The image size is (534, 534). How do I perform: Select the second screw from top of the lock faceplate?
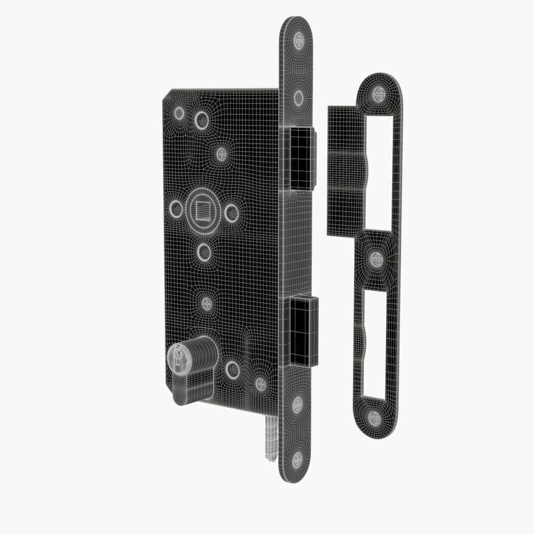coord(299,97)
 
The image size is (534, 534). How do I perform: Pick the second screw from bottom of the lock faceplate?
coord(297,405)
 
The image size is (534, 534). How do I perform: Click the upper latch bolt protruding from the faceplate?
coord(302,159)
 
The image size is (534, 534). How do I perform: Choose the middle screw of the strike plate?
coord(377,260)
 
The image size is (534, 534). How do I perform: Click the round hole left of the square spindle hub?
coord(176,208)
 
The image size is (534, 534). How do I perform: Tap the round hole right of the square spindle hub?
coord(231,214)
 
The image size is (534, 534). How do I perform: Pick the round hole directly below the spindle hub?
coord(203,252)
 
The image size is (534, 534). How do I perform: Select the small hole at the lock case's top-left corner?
coord(179,113)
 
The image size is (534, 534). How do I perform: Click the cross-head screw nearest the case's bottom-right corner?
coord(260,383)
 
